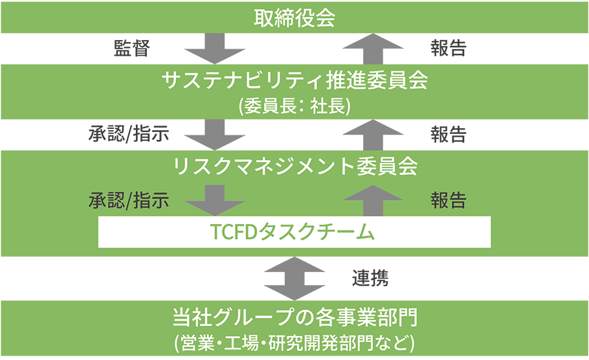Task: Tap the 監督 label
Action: click(132, 49)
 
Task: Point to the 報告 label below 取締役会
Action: click(448, 49)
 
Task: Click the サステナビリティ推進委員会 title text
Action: click(294, 82)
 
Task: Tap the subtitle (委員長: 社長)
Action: click(294, 106)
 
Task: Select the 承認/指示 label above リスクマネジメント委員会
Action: click(129, 135)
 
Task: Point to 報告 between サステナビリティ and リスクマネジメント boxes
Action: click(448, 135)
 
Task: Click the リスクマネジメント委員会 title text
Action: click(294, 166)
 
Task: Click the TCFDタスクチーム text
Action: click(294, 232)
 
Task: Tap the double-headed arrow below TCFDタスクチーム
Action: click(294, 278)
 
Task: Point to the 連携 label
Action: click(370, 278)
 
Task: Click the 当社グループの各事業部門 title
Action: click(294, 319)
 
